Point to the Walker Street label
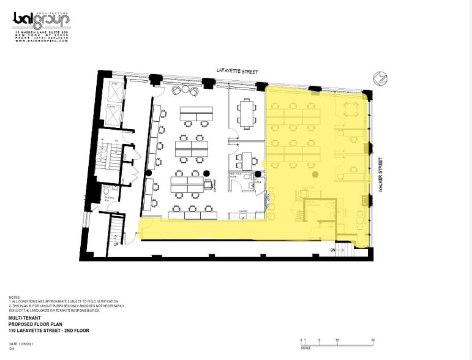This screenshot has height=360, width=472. [380, 174]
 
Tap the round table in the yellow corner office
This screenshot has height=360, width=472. [351, 109]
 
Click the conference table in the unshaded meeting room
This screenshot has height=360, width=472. [247, 113]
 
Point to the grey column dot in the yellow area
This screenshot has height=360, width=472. [315, 174]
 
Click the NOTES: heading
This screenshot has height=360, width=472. [14, 298]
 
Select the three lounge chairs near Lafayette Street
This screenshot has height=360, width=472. [185, 90]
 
